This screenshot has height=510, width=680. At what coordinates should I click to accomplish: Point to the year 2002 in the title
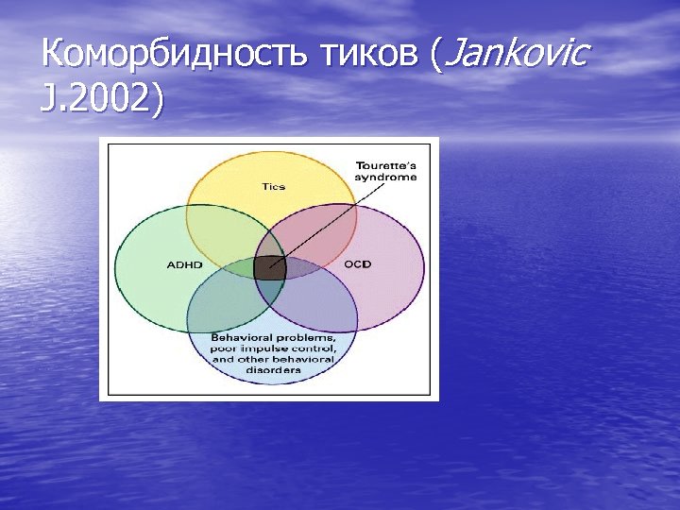point(107,98)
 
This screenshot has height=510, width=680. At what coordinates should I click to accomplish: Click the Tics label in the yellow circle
point(272,186)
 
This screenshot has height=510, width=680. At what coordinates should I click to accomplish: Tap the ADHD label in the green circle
point(184,264)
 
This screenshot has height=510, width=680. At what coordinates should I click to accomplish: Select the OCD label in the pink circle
point(357,263)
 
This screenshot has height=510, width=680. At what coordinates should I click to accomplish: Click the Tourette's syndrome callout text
point(385,171)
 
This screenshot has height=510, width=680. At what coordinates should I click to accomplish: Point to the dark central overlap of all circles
point(270,267)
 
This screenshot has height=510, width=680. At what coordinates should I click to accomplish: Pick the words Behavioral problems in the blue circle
point(272,337)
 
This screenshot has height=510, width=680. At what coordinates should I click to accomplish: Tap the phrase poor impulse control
point(272,348)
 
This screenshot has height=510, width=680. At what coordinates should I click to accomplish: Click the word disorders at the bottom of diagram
point(272,370)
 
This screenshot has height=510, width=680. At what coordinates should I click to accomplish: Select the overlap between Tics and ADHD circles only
point(222,236)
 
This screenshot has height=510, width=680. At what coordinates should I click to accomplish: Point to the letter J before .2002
point(47,98)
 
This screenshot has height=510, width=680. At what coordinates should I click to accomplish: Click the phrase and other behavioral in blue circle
point(272,360)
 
